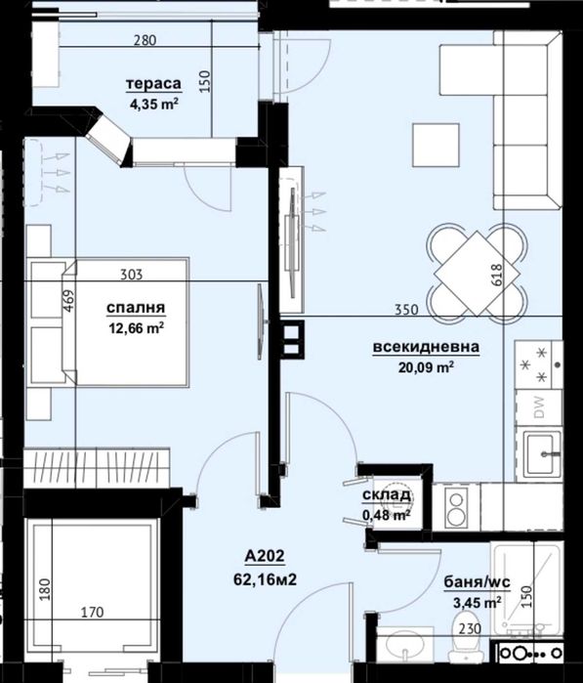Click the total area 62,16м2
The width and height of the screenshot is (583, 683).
click(x=266, y=578)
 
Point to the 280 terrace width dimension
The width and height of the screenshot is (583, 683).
click(x=145, y=41)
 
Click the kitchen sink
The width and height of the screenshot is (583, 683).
click(x=539, y=450)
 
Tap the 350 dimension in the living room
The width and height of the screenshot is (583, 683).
click(x=406, y=310)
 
